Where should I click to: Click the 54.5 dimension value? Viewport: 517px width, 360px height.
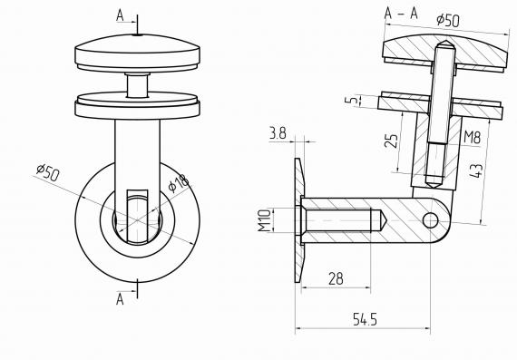click(x=365, y=319)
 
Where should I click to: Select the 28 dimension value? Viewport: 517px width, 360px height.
click(x=336, y=278)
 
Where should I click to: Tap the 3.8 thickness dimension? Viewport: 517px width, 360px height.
click(x=278, y=133)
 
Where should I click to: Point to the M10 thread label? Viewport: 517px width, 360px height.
click(x=265, y=220)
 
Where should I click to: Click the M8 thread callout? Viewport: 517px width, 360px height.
click(x=472, y=137)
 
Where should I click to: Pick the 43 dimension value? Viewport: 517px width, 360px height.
click(x=476, y=170)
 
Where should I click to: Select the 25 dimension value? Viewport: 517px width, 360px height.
click(x=391, y=141)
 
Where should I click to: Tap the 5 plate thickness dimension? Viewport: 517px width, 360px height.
click(x=352, y=100)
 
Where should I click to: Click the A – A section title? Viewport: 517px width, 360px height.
click(x=401, y=14)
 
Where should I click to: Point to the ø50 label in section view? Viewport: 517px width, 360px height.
click(x=448, y=20)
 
